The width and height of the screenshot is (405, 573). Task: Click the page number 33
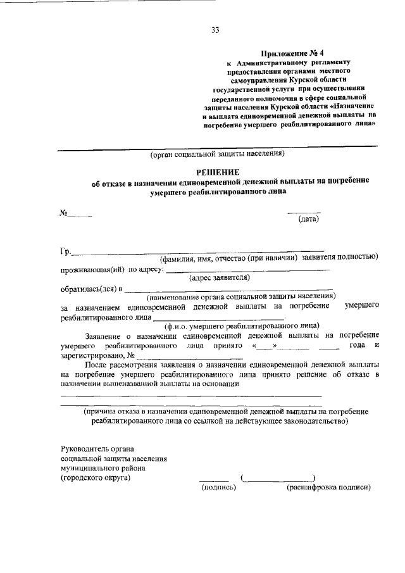[x=216, y=30]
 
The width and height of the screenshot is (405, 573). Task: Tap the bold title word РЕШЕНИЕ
[x=216, y=172]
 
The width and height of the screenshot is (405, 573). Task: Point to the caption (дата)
[x=308, y=219]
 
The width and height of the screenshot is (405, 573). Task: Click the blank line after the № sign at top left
[x=80, y=217]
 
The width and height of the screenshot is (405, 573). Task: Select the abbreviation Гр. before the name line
[x=66, y=251]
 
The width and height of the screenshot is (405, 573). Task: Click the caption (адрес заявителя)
[x=220, y=277]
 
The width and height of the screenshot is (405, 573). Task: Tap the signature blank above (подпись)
[x=215, y=479]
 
